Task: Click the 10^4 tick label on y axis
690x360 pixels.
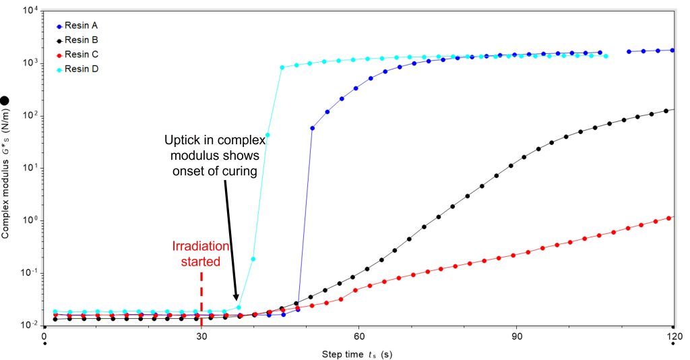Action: (x=30, y=11)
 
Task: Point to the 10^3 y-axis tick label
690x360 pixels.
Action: (x=30, y=63)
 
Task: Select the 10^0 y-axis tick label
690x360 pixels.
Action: (x=30, y=221)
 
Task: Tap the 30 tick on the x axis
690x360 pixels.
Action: (x=201, y=334)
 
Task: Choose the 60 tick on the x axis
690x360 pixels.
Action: (x=359, y=334)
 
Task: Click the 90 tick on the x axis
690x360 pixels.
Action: (x=516, y=334)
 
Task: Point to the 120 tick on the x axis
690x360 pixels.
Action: (x=673, y=334)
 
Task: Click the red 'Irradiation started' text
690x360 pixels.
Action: (x=200, y=253)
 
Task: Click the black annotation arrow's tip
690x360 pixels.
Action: (x=236, y=300)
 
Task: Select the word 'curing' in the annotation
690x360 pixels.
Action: (x=241, y=171)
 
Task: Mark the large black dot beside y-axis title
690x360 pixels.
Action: (x=5, y=100)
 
